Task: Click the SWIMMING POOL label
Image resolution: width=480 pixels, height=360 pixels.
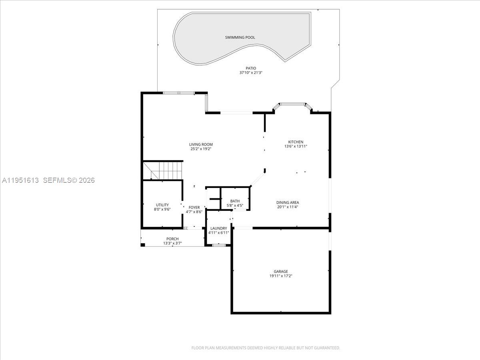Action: tap(240, 38)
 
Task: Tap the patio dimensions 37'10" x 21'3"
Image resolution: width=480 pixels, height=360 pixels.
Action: tap(251, 73)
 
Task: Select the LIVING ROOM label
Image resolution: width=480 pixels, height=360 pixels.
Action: tap(201, 144)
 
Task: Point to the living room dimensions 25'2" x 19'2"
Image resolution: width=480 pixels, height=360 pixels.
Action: tap(201, 149)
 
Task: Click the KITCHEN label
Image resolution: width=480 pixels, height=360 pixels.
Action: tap(296, 142)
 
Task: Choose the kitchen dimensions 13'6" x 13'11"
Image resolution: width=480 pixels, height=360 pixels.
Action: tap(296, 147)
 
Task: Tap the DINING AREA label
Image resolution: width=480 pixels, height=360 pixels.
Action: tap(288, 202)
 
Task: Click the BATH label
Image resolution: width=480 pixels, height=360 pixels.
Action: tap(235, 201)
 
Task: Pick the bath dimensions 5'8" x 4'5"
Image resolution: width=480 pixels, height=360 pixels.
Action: tap(235, 206)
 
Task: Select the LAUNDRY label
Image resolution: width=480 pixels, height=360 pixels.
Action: tap(218, 228)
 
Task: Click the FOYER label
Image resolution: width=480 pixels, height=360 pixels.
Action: tap(194, 207)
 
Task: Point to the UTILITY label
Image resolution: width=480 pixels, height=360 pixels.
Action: tap(162, 205)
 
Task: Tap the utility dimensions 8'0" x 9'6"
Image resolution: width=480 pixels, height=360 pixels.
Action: tap(162, 209)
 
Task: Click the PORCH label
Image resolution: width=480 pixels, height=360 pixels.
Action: tap(172, 239)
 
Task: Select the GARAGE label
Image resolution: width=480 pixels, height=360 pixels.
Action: tap(281, 272)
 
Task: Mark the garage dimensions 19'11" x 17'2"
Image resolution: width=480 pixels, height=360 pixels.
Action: tap(281, 276)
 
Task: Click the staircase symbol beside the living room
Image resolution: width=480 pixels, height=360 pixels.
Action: tap(162, 170)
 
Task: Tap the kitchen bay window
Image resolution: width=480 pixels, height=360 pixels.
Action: tap(292, 105)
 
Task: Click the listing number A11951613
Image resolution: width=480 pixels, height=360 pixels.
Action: tap(20, 180)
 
